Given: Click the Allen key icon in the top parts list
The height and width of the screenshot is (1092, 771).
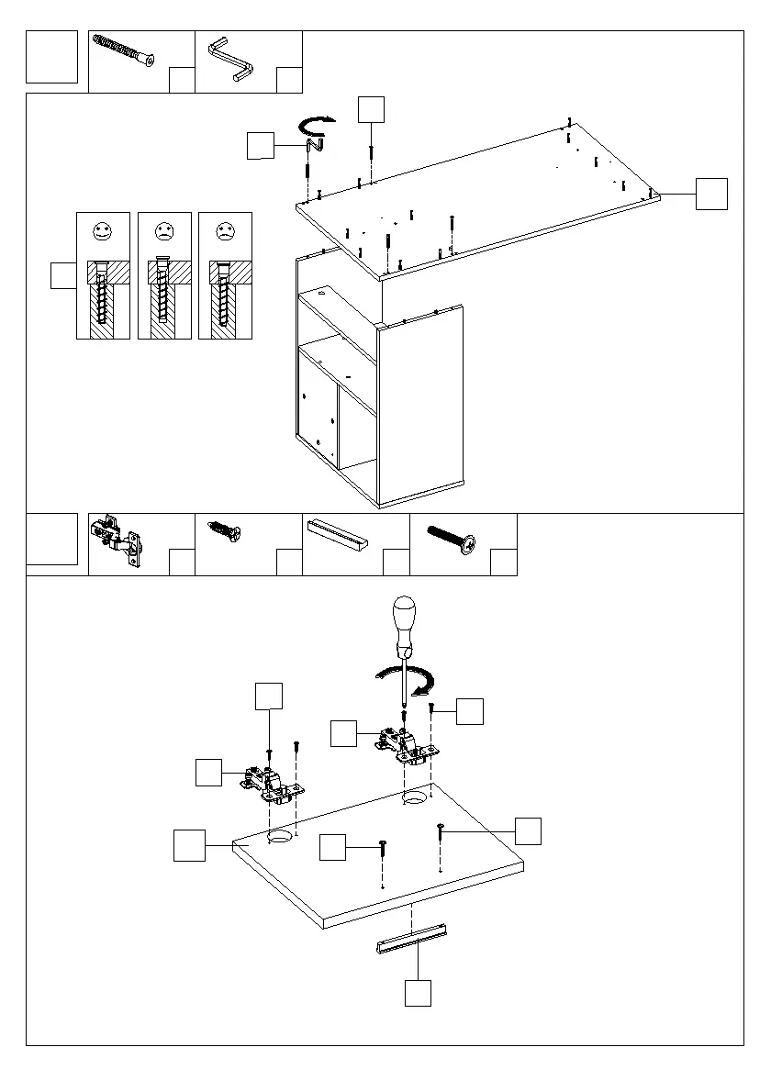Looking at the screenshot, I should [x=229, y=58].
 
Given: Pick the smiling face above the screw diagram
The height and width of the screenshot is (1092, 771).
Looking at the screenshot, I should [x=102, y=231].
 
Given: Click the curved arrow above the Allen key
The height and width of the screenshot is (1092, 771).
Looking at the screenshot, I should [x=318, y=124].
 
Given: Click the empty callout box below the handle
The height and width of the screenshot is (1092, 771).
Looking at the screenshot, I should [x=418, y=993].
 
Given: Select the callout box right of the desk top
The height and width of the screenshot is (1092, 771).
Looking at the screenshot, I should [x=711, y=194].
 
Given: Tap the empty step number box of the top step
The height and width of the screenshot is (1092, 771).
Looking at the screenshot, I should [x=52, y=57].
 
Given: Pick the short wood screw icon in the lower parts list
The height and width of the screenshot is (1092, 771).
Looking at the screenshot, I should [x=225, y=533].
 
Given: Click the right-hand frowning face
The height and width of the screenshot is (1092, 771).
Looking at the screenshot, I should [x=223, y=231].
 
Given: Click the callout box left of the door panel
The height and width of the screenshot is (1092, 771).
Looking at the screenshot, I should [x=191, y=845].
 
